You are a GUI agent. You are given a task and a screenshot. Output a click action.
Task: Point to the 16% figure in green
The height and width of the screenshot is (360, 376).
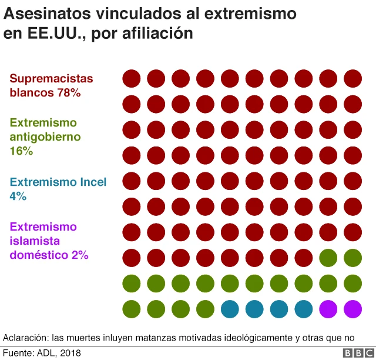[x=21, y=151]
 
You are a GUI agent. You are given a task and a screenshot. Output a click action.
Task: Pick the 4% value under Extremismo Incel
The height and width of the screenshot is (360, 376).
[x=18, y=196]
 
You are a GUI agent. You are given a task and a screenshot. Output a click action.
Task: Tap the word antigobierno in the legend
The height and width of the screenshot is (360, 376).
[x=46, y=137]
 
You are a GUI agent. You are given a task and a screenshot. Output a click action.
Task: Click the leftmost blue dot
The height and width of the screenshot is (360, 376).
[x=230, y=308]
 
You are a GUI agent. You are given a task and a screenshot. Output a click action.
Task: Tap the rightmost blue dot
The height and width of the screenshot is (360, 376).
[x=304, y=308]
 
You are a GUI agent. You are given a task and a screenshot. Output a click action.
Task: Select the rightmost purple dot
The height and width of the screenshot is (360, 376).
[x=352, y=308]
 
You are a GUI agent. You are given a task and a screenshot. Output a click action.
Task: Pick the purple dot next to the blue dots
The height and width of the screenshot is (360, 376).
[x=328, y=308]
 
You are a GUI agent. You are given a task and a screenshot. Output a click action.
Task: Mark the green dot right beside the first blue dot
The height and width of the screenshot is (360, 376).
[x=205, y=308]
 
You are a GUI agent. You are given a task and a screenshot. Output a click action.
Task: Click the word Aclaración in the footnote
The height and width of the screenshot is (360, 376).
[x=25, y=338]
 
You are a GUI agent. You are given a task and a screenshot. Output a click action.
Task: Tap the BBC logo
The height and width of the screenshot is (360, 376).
[x=354, y=353]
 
